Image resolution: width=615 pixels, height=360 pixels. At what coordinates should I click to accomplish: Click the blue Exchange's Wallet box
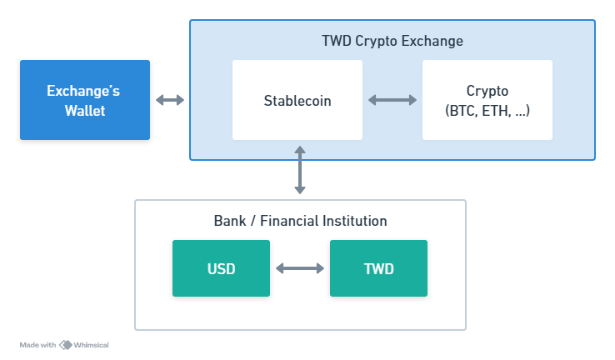(x=85, y=99)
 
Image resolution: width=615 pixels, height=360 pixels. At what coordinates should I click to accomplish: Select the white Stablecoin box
(x=297, y=100)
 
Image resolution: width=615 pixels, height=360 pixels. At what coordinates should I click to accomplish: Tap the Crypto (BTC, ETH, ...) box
(x=487, y=100)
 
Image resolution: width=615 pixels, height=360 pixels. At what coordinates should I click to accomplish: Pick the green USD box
(x=221, y=268)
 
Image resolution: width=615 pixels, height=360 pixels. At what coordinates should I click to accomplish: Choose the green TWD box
(x=378, y=268)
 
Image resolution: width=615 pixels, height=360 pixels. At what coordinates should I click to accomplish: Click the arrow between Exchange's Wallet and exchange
(x=170, y=100)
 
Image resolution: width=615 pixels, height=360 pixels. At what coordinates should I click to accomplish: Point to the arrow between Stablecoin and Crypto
(x=392, y=100)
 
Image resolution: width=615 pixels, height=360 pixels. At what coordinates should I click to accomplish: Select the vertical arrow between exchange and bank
(x=300, y=170)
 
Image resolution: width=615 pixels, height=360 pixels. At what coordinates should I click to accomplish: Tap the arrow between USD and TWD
(x=300, y=268)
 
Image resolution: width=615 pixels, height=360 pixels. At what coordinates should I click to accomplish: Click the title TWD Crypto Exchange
(x=392, y=41)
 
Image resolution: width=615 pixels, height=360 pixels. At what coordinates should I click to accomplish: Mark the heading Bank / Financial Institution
(x=300, y=221)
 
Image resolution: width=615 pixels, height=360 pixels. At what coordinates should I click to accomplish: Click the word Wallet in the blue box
(x=85, y=110)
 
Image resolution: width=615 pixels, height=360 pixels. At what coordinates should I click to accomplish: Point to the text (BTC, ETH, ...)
(x=487, y=110)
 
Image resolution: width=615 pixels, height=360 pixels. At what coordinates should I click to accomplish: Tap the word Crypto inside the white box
(x=487, y=91)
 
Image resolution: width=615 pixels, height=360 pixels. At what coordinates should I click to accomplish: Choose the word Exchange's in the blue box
(x=85, y=90)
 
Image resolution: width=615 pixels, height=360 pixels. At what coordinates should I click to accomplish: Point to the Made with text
(x=37, y=344)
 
